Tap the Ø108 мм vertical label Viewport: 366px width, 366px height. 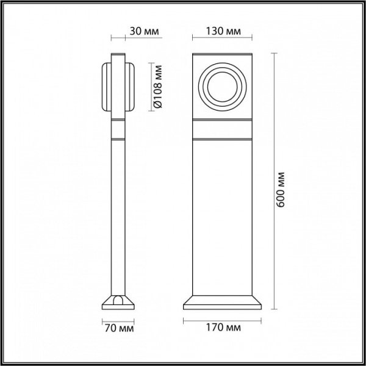tap(157, 87)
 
